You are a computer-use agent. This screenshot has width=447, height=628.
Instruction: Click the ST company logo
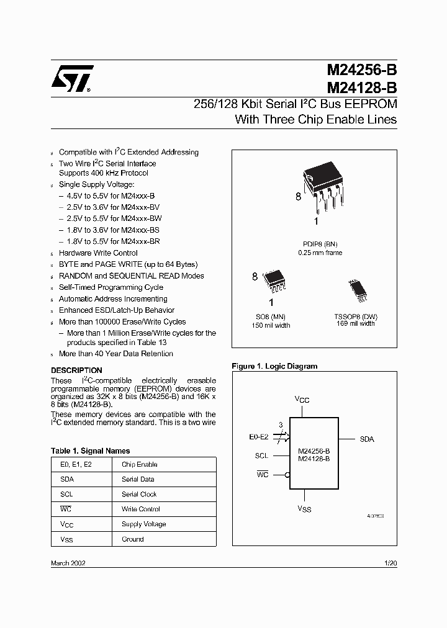[72, 79]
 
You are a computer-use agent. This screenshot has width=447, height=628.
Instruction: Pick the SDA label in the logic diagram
[367, 439]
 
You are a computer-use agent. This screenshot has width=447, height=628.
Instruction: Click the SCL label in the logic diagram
[261, 455]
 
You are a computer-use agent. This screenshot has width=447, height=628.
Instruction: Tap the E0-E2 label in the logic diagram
[260, 437]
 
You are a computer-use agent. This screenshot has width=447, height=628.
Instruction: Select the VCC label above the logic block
[302, 400]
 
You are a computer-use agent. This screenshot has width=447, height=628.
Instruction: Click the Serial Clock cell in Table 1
[139, 495]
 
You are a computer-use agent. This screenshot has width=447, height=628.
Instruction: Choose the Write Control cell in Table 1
[141, 509]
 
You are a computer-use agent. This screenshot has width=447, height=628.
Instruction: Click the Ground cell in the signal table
[133, 539]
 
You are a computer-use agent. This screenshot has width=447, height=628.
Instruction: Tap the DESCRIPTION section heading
[76, 370]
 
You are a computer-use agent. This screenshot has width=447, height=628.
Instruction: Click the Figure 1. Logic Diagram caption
[274, 366]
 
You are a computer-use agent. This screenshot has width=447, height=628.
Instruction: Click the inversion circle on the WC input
[287, 475]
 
